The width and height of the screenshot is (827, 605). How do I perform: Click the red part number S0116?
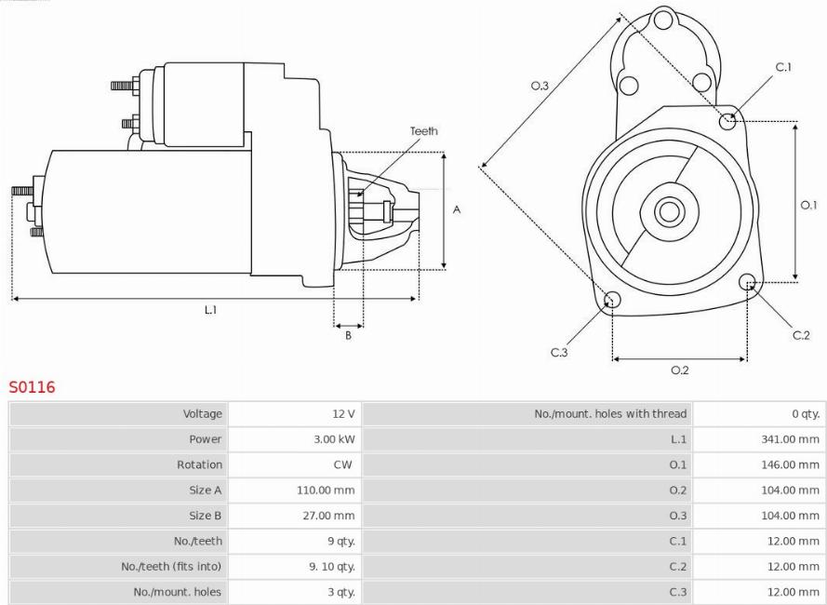[x=33, y=387]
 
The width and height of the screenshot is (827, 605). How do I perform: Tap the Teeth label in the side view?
[x=423, y=131]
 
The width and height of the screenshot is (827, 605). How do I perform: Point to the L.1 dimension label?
[x=211, y=310]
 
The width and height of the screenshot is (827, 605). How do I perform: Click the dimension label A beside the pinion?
[x=457, y=210]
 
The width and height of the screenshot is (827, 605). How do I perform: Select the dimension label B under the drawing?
[x=348, y=336]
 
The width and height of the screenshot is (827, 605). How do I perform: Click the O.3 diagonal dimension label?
[x=540, y=86]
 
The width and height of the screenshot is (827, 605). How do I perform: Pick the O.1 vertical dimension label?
[x=807, y=205]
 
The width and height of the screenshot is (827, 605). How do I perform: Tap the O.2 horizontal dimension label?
[x=679, y=370]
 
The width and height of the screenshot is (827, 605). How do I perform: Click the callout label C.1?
[x=783, y=67]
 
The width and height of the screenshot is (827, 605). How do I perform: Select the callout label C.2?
[x=801, y=335]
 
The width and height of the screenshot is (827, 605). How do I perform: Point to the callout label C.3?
[x=558, y=352]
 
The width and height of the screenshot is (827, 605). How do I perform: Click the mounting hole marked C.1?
[x=729, y=120]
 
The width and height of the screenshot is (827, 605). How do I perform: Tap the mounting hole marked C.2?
[x=746, y=283]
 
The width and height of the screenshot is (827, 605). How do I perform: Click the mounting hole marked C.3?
[x=612, y=299]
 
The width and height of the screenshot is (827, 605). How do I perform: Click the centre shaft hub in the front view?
[x=669, y=211]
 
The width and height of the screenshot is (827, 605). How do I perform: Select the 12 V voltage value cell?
[x=343, y=414]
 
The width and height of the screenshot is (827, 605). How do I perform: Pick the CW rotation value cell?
[x=343, y=464]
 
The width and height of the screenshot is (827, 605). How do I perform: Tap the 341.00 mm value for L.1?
[x=790, y=439]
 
